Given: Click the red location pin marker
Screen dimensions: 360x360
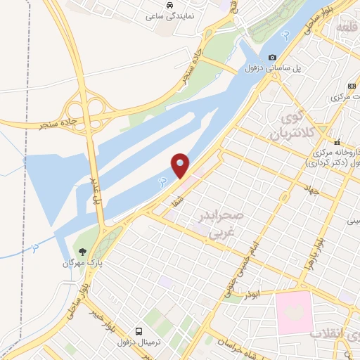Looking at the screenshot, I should pos(181,166).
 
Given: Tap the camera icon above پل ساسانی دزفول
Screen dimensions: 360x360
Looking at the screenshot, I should pos(273,58).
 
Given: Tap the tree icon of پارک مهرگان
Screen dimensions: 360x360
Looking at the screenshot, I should pos(82,251).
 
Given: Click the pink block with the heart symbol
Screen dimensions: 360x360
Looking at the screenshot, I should pos(296,312).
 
